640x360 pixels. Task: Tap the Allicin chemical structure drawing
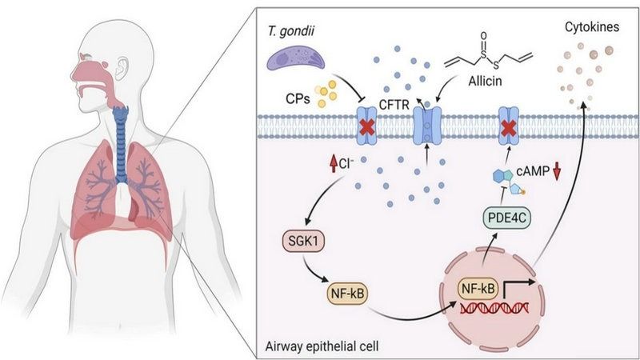(x=479, y=52)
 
